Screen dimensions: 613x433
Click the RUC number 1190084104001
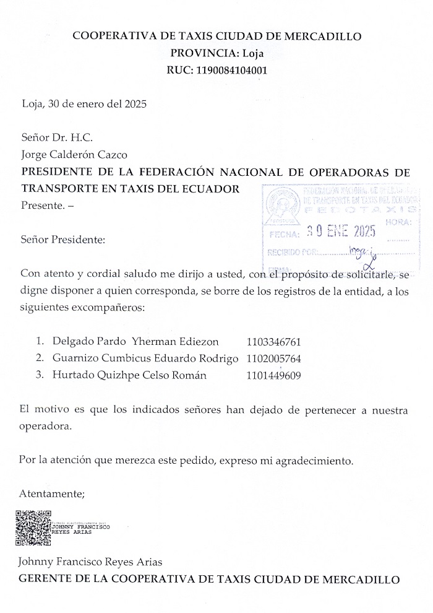[x=231, y=70]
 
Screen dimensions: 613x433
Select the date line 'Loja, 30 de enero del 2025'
[x=84, y=104]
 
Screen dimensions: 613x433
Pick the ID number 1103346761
[x=274, y=341]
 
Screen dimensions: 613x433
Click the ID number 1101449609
[x=274, y=375]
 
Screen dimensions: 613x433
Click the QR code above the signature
[x=33, y=527]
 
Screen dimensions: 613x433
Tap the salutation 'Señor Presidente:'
[x=63, y=238]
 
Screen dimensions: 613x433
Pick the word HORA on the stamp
[x=397, y=221]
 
